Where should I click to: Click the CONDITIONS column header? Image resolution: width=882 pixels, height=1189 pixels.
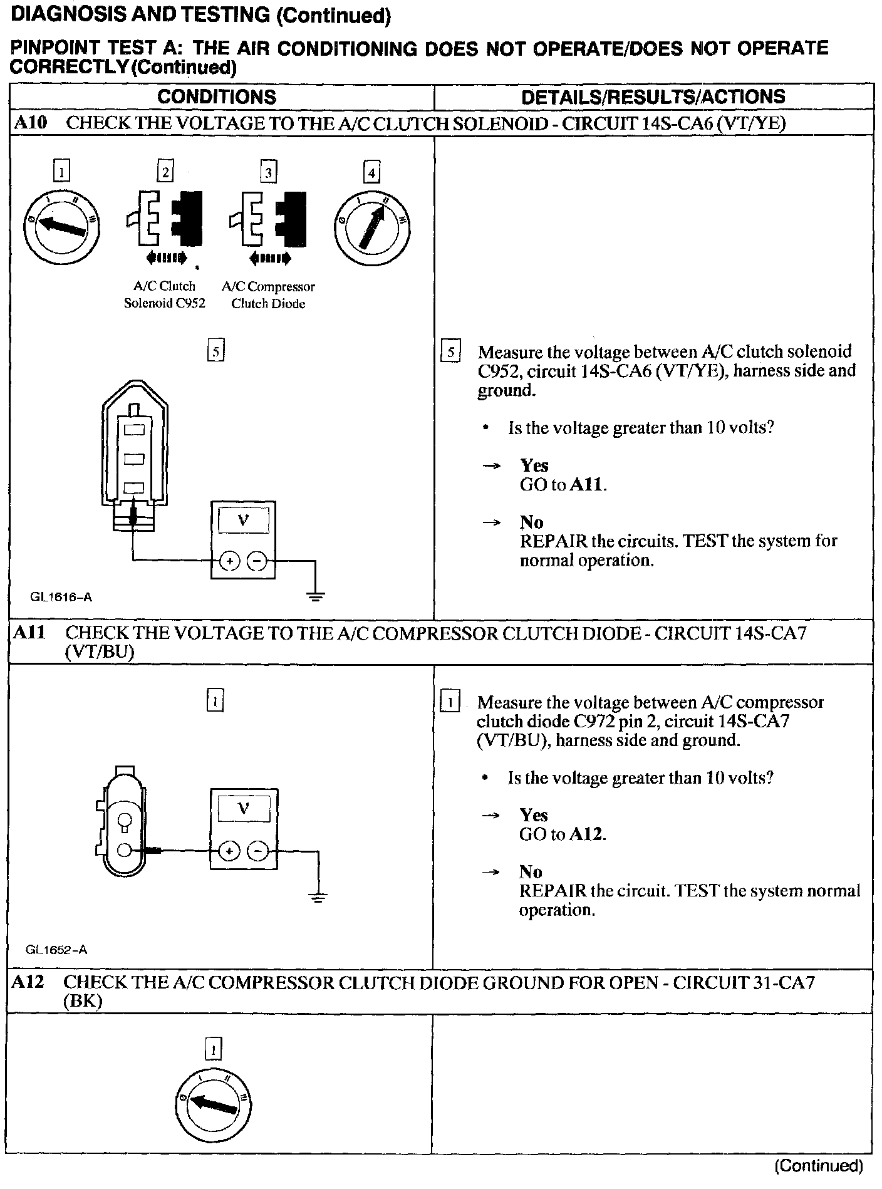(x=216, y=97)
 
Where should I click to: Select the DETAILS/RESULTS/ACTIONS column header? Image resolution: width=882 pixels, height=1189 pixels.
(x=653, y=97)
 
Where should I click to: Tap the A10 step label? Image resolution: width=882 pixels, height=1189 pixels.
(x=30, y=123)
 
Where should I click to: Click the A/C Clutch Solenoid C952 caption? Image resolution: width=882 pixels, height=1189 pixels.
(x=165, y=294)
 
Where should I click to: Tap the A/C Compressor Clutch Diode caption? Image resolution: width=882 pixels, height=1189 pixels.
(x=268, y=294)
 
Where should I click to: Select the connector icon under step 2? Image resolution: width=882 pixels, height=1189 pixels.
(x=165, y=219)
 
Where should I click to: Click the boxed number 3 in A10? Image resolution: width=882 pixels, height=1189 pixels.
(x=268, y=172)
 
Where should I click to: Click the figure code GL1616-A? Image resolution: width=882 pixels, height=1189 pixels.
(x=61, y=597)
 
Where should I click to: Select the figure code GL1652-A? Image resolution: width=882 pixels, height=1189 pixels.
(x=56, y=950)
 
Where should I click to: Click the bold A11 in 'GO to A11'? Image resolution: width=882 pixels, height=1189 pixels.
(x=588, y=485)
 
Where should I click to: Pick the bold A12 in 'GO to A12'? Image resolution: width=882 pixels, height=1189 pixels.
(x=587, y=834)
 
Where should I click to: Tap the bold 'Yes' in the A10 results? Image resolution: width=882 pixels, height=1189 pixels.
(x=534, y=465)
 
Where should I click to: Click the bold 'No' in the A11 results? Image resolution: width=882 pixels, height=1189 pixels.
(x=531, y=871)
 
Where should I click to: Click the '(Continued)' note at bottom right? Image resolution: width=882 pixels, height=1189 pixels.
(x=819, y=1166)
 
